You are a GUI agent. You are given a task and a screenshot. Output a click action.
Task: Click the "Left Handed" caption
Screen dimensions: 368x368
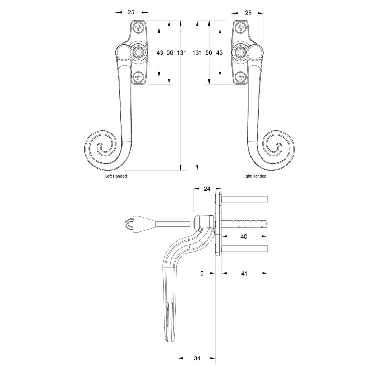click(116, 176)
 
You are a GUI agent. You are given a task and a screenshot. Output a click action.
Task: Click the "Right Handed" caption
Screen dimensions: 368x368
click(254, 176)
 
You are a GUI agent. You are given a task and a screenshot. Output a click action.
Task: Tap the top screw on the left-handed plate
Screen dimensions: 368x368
click(138, 27)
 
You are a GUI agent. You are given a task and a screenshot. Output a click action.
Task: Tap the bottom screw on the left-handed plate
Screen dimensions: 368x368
click(138, 77)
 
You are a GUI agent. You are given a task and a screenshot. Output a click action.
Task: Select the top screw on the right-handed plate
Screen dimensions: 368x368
click(240, 27)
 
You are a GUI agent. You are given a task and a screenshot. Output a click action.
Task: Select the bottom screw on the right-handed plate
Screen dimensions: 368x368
click(240, 77)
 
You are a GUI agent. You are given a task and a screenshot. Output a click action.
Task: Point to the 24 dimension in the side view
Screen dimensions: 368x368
click(207, 189)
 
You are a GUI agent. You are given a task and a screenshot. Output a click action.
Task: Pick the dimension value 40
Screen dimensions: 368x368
click(244, 236)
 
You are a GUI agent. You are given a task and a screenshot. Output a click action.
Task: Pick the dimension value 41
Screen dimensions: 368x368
click(244, 273)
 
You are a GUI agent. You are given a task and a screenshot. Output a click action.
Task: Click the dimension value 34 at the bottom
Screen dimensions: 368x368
click(197, 358)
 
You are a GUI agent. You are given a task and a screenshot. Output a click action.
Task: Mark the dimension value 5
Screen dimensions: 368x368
click(202, 273)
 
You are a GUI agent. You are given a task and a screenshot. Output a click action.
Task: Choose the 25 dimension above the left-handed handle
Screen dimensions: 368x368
click(131, 12)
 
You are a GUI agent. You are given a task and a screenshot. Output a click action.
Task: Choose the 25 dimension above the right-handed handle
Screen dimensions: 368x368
click(248, 12)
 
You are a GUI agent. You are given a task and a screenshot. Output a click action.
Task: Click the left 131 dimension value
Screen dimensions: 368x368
click(181, 53)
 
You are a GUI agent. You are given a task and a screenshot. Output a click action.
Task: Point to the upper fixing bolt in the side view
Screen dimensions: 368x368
click(244, 199)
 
